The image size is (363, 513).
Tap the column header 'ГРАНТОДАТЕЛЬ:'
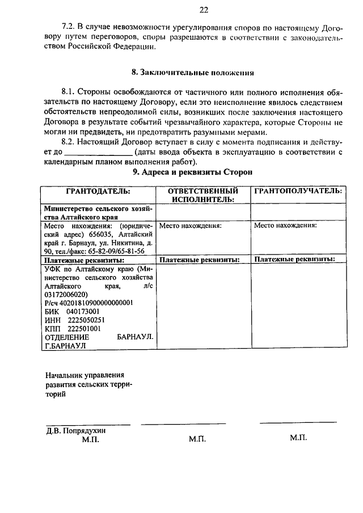coord(98,191)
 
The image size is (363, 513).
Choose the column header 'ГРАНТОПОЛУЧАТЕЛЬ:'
coord(298,191)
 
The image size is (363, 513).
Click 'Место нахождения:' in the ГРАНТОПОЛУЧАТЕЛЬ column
coord(285,225)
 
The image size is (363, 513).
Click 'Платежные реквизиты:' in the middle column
coord(200,260)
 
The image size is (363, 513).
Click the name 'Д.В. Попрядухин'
coord(76,430)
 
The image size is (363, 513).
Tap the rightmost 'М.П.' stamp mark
coord(298,438)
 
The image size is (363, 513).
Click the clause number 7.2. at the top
coord(69,27)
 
